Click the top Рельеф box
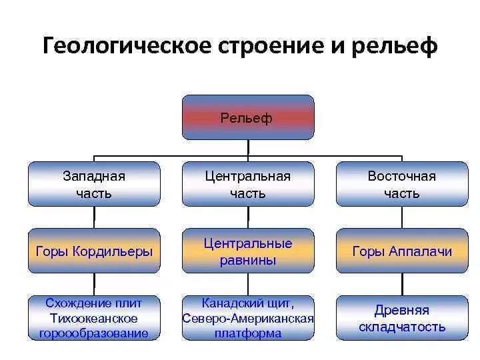tap(247, 117)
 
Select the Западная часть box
tap(94, 184)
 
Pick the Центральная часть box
tap(247, 184)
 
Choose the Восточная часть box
tap(401, 184)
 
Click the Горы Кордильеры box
tap(94, 251)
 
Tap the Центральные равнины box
tap(247, 251)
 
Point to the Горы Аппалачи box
tap(401, 251)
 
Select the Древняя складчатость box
tap(401, 318)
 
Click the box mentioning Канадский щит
tap(247, 318)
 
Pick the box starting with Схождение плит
tap(94, 318)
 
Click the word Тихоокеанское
tap(94, 318)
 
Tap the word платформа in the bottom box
tap(247, 333)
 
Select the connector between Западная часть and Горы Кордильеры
tap(94, 217)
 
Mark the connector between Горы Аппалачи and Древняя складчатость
tap(401, 285)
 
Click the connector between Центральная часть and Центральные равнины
tap(247, 217)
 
